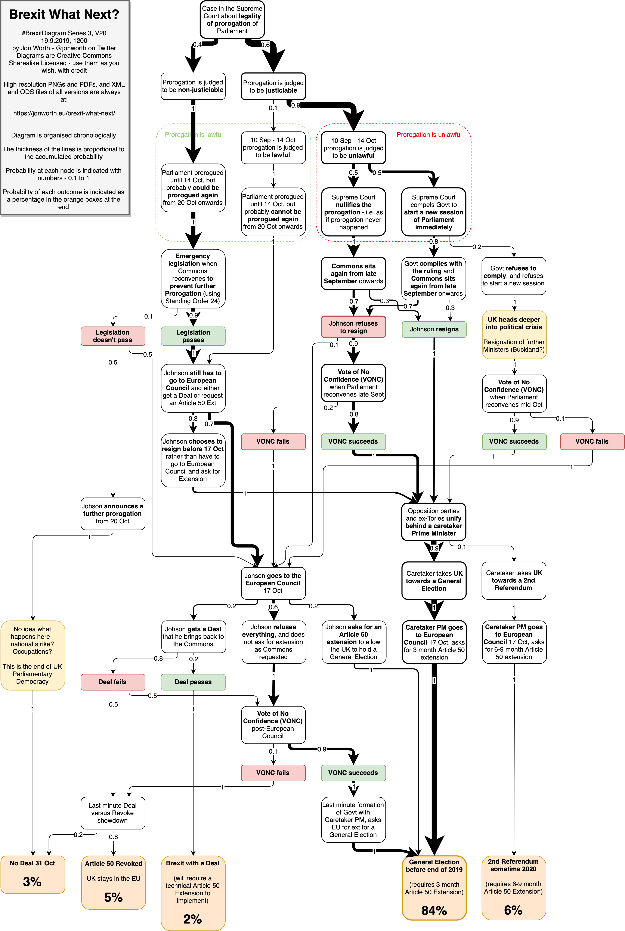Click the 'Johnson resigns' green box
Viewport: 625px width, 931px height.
[x=434, y=329]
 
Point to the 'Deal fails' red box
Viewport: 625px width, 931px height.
[x=113, y=682]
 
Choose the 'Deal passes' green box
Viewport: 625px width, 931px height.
[x=193, y=682]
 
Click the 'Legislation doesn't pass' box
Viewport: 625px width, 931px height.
[x=113, y=336]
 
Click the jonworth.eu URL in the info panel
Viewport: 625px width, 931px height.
[x=64, y=113]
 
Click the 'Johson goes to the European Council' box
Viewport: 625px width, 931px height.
[x=273, y=583]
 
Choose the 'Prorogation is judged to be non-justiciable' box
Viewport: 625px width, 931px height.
[x=193, y=86]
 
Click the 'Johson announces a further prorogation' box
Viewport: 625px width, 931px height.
[x=113, y=514]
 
